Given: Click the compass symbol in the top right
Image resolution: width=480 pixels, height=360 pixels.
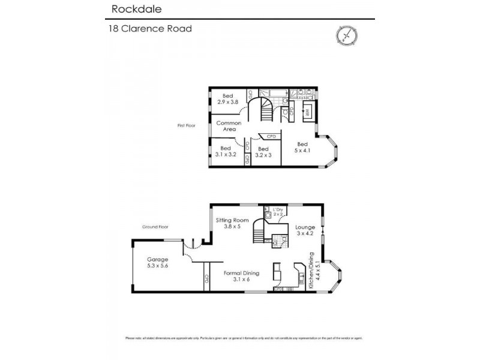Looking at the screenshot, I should pos(347,36).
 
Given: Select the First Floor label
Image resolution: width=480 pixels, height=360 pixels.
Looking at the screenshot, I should pos(187,125).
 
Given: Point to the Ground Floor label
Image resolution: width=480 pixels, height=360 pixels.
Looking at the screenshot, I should pos(155,227).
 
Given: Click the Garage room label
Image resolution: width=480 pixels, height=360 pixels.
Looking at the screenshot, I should pos(157,263).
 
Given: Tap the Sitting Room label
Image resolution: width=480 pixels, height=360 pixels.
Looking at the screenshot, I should pos(232,224).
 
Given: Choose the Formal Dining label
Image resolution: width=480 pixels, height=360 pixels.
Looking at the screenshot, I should pos(241,276).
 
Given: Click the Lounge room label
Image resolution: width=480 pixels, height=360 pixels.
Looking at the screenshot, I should pos(305,231).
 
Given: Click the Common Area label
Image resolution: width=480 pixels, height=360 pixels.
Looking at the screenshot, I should pos(229,126).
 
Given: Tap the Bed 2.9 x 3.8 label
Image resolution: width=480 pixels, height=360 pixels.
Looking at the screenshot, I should pos(228,99).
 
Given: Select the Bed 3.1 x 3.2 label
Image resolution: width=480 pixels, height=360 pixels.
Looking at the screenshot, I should pos(226,151).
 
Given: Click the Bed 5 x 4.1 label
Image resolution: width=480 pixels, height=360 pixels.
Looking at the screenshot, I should pos(302,147).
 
